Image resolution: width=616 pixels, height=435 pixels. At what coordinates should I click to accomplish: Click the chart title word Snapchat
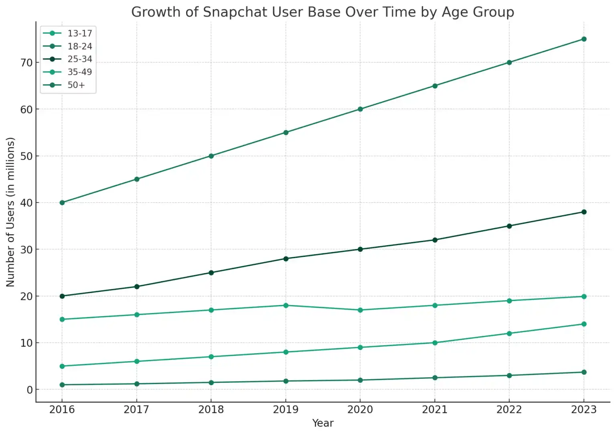235,12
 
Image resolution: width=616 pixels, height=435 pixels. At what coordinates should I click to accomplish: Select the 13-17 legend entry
79,33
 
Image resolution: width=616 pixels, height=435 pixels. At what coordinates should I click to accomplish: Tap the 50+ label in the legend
76,85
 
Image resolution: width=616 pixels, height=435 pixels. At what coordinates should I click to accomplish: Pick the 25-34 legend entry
79,59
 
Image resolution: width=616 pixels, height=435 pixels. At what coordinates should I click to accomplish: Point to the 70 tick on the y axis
26,63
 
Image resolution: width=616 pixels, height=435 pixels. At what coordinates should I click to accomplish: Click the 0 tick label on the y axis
30,390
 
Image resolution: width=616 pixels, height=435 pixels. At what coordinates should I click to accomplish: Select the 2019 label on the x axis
286,409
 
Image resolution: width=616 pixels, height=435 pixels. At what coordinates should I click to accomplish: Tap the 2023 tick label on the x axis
584,409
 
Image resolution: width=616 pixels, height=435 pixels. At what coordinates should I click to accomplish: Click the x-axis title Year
322,423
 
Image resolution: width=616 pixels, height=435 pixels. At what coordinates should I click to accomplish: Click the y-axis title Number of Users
10,212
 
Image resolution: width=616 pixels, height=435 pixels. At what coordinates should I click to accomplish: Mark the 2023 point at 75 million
584,39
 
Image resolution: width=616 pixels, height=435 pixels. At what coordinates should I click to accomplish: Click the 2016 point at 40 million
62,203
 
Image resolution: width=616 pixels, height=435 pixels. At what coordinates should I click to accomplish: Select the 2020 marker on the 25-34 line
360,249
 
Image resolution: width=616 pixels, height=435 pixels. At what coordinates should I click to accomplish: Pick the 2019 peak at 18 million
286,305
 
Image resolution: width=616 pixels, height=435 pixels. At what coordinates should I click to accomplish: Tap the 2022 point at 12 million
509,333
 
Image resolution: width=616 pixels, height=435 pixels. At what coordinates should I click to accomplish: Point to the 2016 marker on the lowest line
62,385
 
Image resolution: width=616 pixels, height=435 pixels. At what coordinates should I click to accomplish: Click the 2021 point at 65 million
435,86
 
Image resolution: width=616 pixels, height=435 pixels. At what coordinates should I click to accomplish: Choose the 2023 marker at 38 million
584,212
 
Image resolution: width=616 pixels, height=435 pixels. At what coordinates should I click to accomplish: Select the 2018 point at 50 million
211,156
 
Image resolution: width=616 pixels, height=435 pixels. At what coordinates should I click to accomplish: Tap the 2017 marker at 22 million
137,287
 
